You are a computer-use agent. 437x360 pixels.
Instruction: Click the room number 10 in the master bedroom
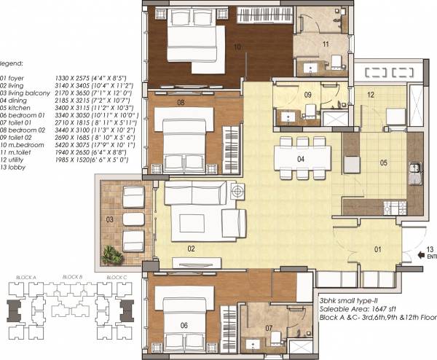[x=237, y=46]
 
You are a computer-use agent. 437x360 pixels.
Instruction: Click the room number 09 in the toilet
[x=308, y=95]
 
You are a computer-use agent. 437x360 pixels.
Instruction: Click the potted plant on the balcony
[x=111, y=254]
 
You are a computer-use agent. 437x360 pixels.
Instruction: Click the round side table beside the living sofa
[x=237, y=191]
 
